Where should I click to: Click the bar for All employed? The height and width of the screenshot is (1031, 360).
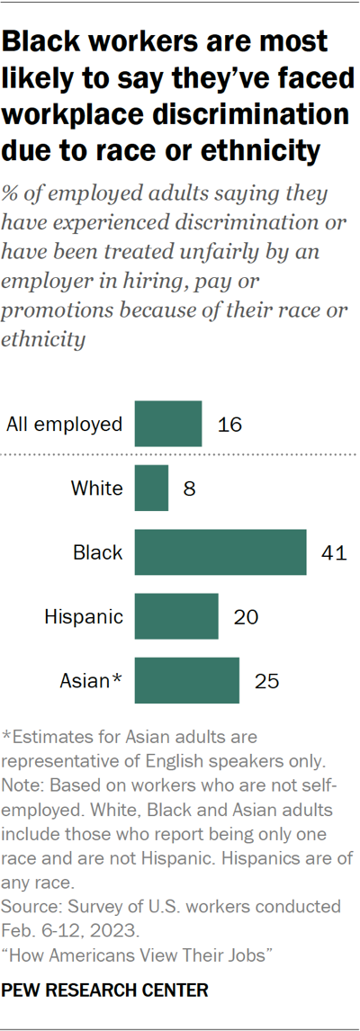pos(168,424)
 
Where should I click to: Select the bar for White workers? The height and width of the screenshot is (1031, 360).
pos(151,489)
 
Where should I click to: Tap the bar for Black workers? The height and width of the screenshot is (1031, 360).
pos(220,552)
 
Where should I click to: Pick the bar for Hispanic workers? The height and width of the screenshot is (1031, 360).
pos(176,616)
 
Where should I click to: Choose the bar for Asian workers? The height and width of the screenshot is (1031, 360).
pos(187,680)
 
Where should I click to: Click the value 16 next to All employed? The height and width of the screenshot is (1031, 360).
pos(230,424)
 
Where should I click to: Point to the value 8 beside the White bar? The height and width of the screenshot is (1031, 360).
pos(189,489)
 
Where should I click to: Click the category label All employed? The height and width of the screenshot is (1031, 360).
pos(64,424)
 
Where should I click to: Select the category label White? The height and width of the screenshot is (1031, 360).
pos(96,489)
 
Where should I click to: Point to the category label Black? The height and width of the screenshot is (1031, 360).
pos(98,552)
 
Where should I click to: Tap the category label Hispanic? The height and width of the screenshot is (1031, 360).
pos(84,616)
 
